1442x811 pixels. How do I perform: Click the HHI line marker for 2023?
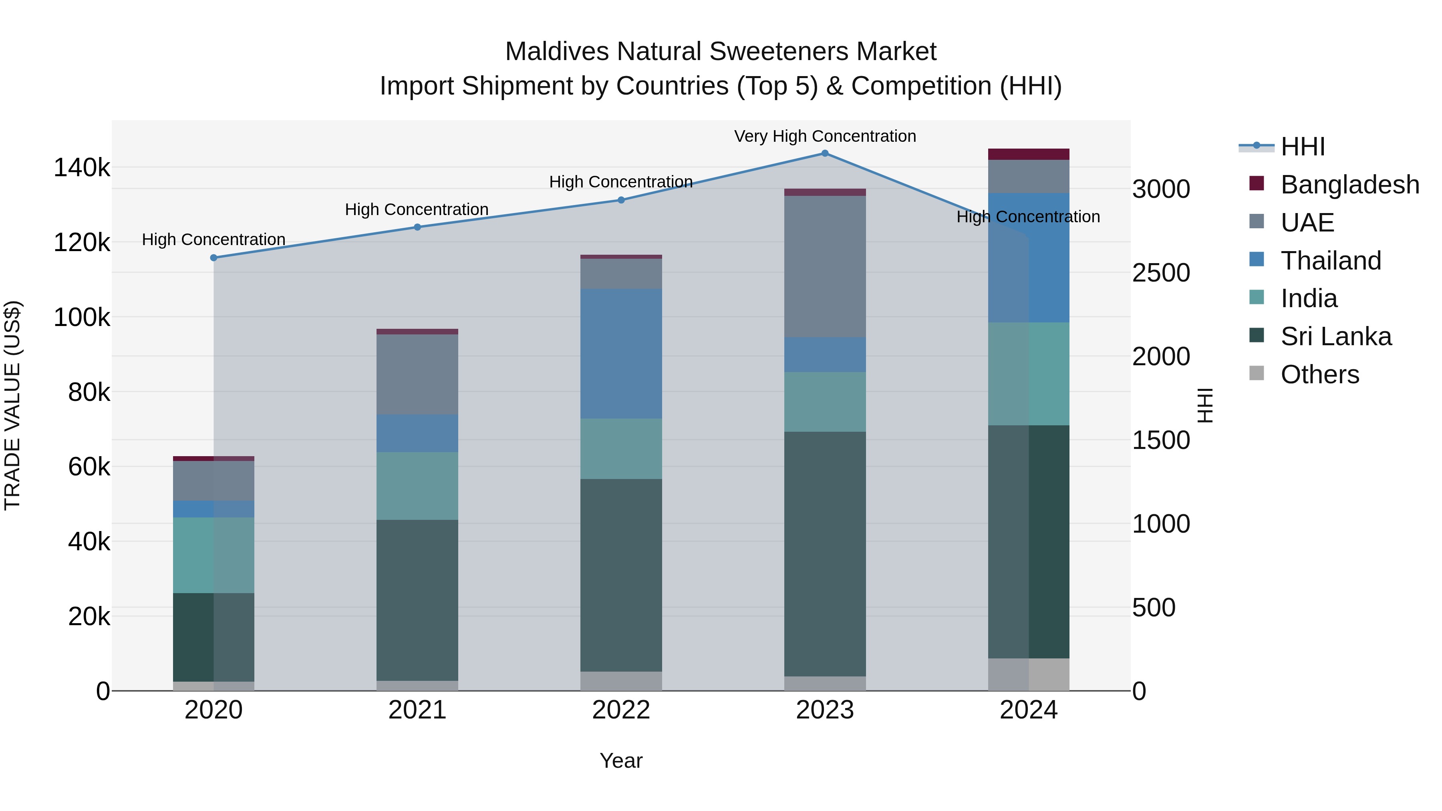(x=825, y=153)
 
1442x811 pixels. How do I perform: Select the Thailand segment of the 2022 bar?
(x=621, y=353)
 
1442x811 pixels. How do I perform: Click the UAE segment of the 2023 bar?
(x=825, y=266)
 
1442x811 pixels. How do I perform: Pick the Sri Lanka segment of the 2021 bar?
(x=417, y=600)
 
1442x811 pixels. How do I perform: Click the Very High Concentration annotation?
(x=825, y=136)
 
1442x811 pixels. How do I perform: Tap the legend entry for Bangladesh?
(x=1349, y=185)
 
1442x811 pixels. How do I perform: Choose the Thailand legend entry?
(x=1331, y=261)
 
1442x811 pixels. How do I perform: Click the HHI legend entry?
(x=1302, y=147)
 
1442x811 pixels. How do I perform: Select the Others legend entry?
(x=1319, y=374)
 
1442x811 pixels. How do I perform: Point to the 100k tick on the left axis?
(x=82, y=317)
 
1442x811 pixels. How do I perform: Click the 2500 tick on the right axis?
(x=1160, y=273)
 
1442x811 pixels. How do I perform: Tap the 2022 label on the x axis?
(x=621, y=710)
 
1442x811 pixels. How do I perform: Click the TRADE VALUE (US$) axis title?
(x=12, y=405)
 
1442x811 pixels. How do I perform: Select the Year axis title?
(x=621, y=761)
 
